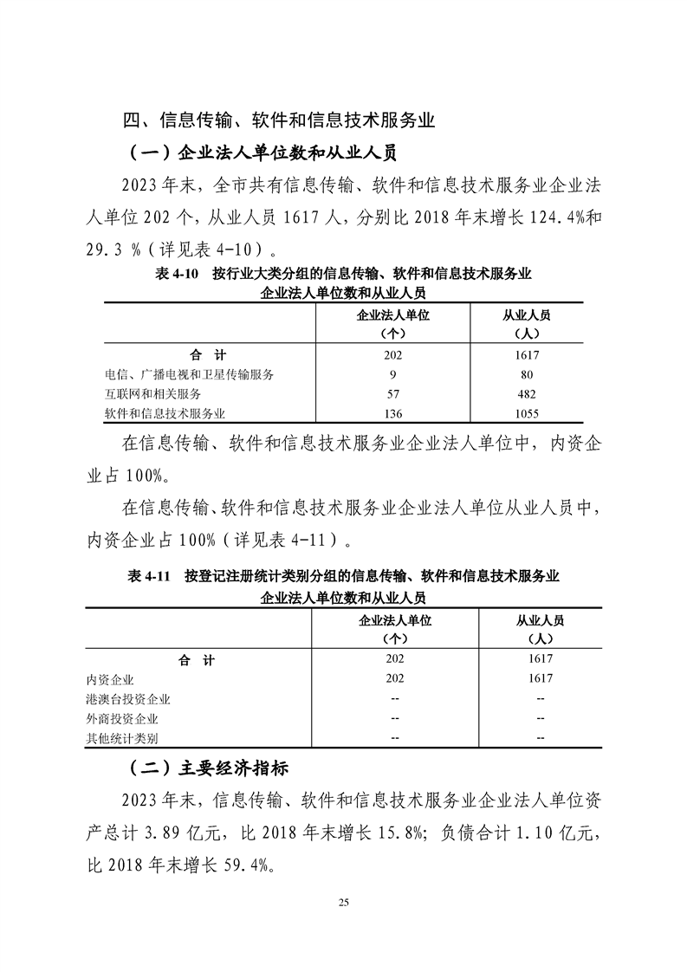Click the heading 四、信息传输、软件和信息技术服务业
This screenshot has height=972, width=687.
point(278,120)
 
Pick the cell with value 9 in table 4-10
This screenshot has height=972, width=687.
point(393,374)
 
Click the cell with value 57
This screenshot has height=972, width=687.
point(393,393)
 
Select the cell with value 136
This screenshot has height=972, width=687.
point(393,413)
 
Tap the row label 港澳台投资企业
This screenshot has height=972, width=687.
point(128,698)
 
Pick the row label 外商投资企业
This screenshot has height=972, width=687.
point(122,718)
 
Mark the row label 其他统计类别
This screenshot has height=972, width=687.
point(122,738)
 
